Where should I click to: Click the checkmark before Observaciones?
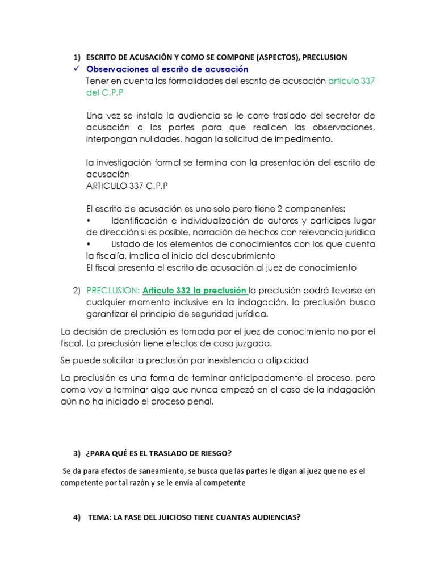[x=76, y=69]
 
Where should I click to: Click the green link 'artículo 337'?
[x=351, y=81]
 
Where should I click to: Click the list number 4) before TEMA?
[x=77, y=517]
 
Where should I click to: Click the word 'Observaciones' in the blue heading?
[x=118, y=69]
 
